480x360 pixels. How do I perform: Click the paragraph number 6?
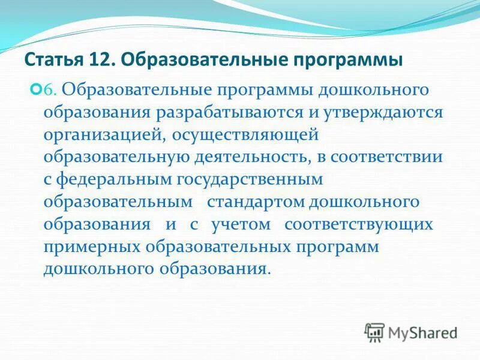pos(51,91)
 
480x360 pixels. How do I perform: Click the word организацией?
pos(98,135)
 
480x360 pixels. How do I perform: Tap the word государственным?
pos(248,179)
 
